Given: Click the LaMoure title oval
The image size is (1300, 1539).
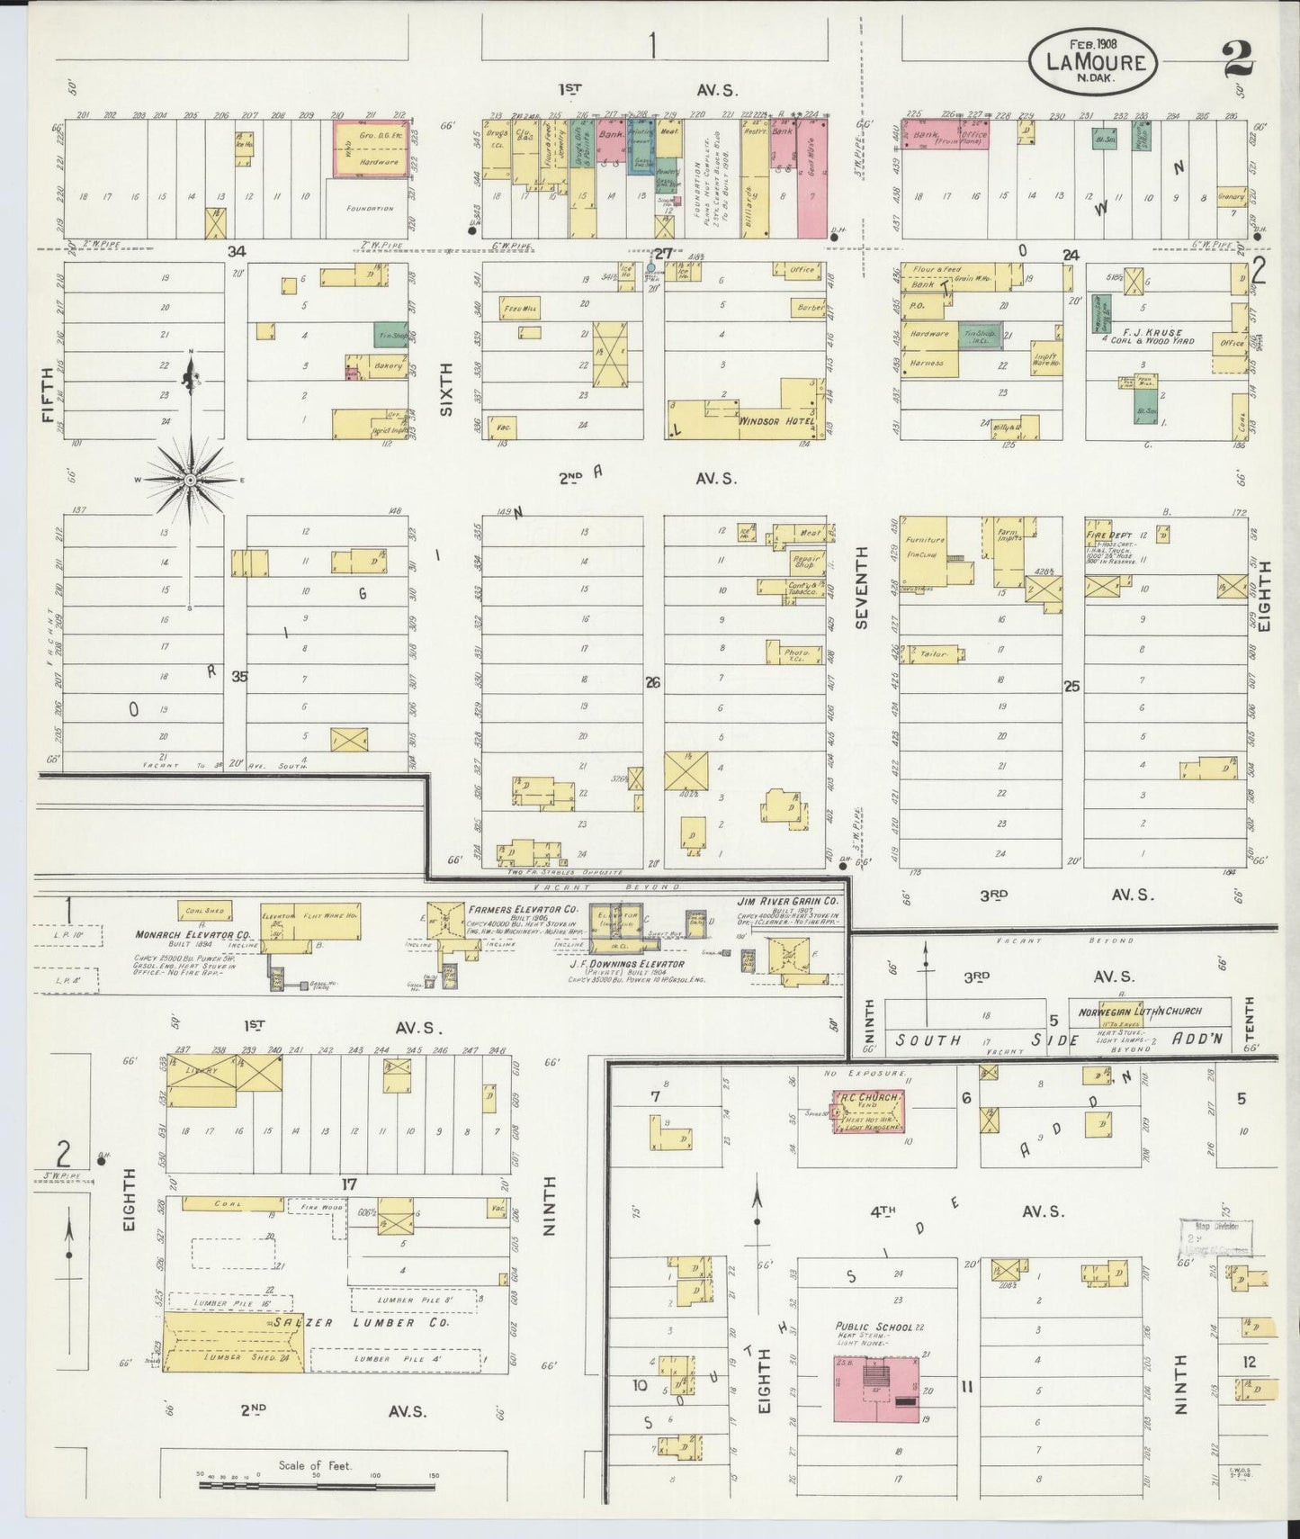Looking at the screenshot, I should click(1093, 61).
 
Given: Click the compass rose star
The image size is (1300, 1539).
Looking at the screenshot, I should click(191, 481).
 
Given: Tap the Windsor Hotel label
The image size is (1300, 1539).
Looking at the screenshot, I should click(776, 421).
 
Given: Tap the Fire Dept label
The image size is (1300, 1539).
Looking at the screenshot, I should click(1107, 535).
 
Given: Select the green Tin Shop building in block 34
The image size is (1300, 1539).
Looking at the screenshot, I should click(390, 335).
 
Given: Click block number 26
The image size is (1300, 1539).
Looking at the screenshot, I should click(652, 683).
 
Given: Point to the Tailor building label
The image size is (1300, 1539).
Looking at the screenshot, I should click(934, 654).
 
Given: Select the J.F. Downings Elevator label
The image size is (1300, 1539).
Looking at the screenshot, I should click(626, 964).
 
